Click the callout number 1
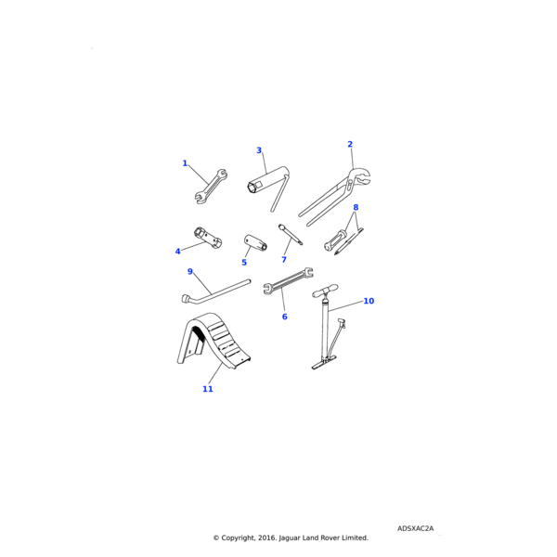pyautogui.click(x=185, y=163)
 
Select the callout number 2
pyautogui.click(x=350, y=144)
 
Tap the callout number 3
pyautogui.click(x=259, y=150)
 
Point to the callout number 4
pyautogui.click(x=178, y=252)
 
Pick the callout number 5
pyautogui.click(x=244, y=263)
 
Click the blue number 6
pyautogui.click(x=284, y=317)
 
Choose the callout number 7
pyautogui.click(x=284, y=260)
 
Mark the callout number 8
pyautogui.click(x=356, y=208)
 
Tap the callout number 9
pyautogui.click(x=190, y=272)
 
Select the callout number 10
pyautogui.click(x=369, y=301)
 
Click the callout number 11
pyautogui.click(x=208, y=389)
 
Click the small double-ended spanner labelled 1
pyautogui.click(x=210, y=186)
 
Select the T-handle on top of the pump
pyautogui.click(x=325, y=292)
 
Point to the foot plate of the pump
pyautogui.click(x=326, y=366)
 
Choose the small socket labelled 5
pyautogui.click(x=254, y=244)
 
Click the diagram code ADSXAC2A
pyautogui.click(x=415, y=528)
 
